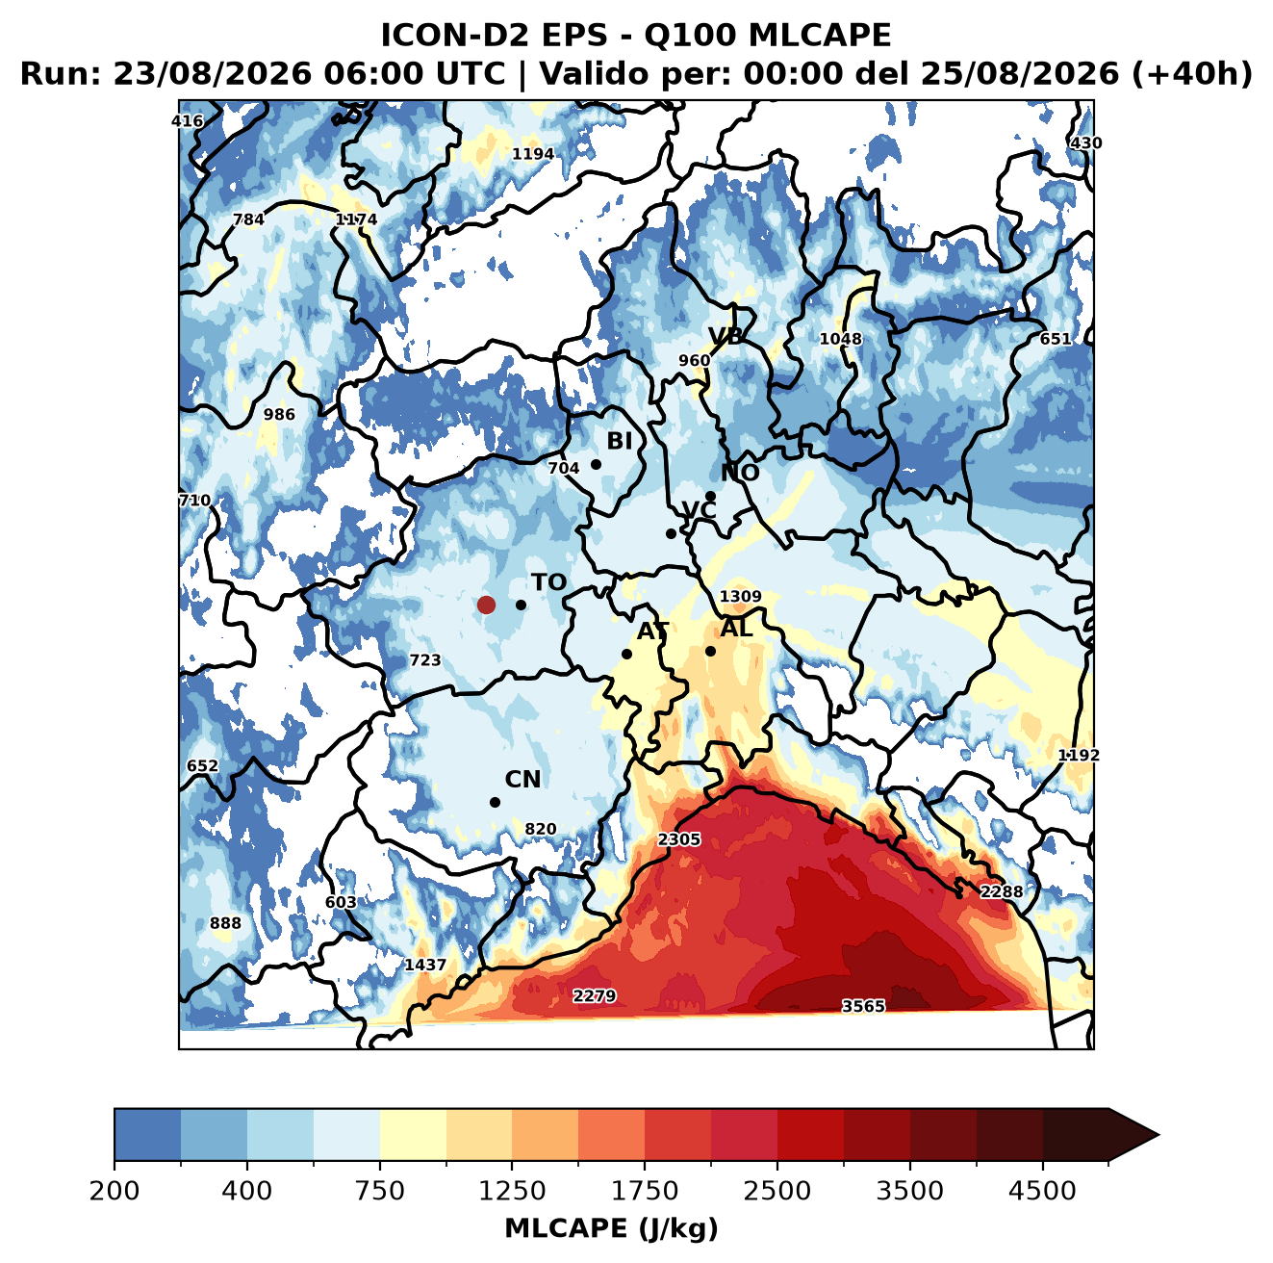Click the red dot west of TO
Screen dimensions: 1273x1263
[486, 605]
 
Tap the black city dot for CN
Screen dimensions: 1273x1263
[495, 802]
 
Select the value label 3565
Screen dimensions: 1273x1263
[863, 1006]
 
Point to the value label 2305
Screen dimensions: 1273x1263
[679, 839]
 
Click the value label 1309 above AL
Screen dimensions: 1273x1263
[740, 596]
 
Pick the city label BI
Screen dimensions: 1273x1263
[620, 441]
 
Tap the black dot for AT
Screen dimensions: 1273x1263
[626, 654]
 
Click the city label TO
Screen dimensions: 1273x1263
[549, 582]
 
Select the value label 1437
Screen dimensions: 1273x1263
[425, 965]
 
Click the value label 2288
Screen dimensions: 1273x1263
[1002, 891]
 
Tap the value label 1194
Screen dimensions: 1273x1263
[533, 154]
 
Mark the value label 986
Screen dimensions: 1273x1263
[279, 414]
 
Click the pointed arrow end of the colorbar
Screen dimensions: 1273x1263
[1158, 1135]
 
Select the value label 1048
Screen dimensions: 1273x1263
[840, 339]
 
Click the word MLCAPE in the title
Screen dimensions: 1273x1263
[819, 35]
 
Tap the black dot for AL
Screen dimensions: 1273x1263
[710, 651]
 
